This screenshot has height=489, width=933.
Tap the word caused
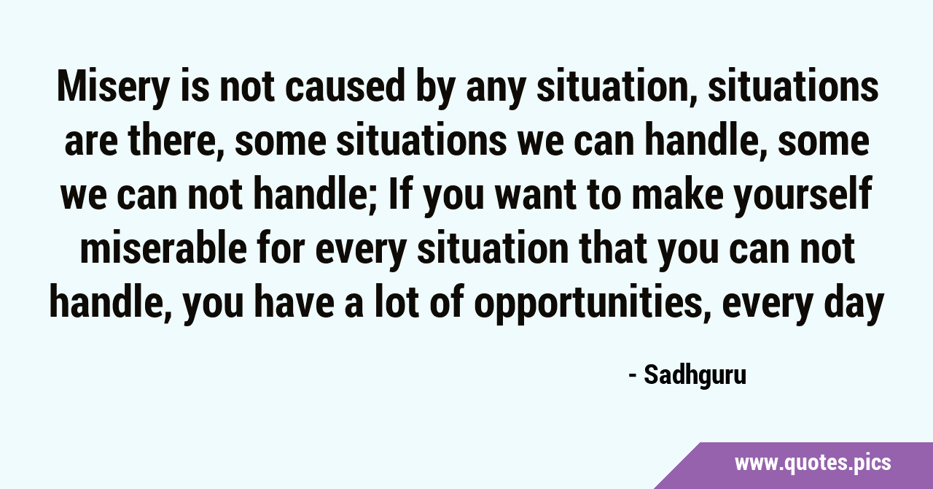click(345, 86)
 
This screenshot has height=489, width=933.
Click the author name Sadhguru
click(695, 376)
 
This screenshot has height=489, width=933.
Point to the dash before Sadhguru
click(632, 377)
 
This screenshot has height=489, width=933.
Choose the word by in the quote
click(435, 89)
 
